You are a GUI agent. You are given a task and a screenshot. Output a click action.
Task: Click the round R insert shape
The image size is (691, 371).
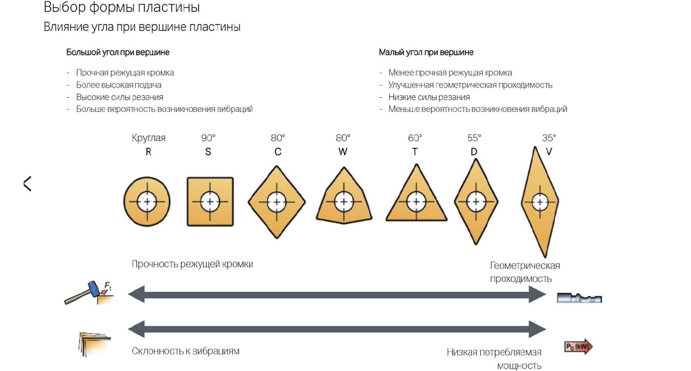(147, 202)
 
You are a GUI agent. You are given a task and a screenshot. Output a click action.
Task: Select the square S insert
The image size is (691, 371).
(210, 202)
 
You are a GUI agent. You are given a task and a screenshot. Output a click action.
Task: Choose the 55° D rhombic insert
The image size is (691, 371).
(476, 202)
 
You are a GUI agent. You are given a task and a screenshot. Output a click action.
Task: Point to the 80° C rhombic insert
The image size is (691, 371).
(277, 202)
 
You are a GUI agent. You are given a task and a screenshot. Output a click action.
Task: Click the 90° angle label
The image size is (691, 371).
(208, 138)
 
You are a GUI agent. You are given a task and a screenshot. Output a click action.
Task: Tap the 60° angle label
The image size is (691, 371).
(415, 138)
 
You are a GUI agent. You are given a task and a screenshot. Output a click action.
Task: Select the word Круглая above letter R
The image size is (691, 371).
(148, 138)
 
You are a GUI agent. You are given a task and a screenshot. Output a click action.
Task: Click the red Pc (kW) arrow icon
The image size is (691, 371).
(578, 347)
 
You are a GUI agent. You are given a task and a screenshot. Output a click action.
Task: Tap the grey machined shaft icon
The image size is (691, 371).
(579, 298)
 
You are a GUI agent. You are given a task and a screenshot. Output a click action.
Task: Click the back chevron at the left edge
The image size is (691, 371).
(28, 184)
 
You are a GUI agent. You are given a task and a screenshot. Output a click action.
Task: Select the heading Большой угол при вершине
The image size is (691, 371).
(118, 52)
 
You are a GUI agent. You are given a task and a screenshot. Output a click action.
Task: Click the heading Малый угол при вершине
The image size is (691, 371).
(426, 52)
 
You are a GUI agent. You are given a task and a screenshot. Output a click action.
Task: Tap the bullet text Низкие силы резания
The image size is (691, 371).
(429, 97)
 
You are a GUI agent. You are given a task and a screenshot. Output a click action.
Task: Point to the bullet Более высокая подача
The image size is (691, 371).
(118, 85)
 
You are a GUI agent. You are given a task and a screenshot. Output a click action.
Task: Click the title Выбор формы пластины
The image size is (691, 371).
(122, 7)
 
